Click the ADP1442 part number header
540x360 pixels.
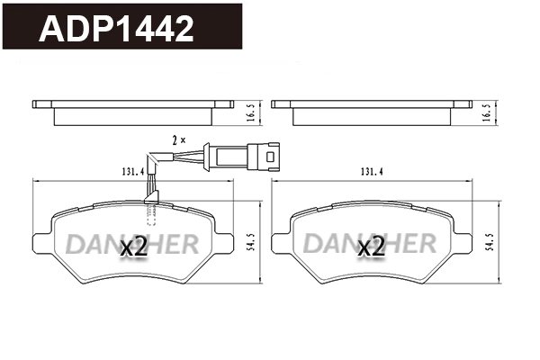click(117, 29)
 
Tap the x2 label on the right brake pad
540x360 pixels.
click(373, 247)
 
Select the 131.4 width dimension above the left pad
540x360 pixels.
click(131, 171)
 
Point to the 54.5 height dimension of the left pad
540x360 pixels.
click(249, 243)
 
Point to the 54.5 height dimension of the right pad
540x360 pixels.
click(489, 243)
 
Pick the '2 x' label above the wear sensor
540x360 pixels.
click(178, 139)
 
